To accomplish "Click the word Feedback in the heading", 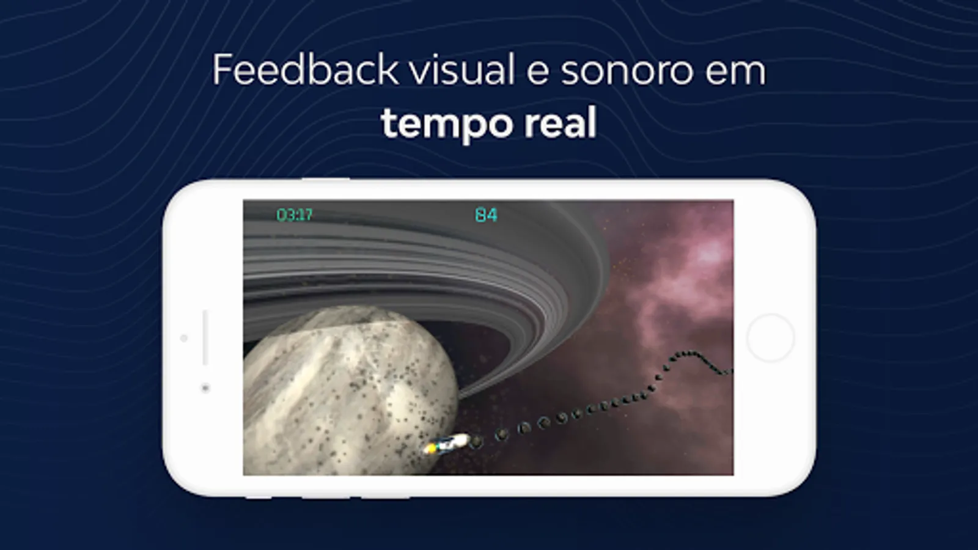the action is [305, 69].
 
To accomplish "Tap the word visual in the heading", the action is [462, 69].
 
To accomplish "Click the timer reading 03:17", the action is [294, 215].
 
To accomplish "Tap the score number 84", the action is [486, 215].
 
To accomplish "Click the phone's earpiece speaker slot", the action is [205, 337].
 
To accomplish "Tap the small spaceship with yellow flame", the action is [447, 444].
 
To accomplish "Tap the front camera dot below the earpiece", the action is [205, 387].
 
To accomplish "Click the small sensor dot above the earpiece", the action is [184, 338].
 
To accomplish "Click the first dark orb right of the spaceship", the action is [476, 442].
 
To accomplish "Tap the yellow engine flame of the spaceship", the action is [432, 449].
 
